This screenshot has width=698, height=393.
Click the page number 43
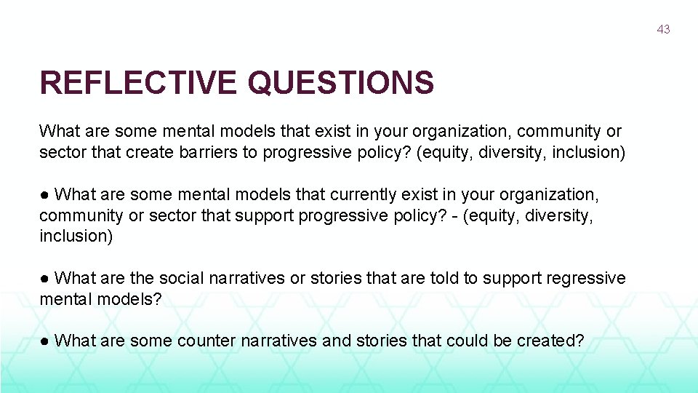point(663,29)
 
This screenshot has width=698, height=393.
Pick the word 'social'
point(178,278)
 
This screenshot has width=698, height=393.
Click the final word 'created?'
point(550,340)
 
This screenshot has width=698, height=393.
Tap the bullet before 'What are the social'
point(44,278)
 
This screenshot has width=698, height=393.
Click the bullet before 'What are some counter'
point(44,340)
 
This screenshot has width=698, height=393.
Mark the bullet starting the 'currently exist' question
point(44,194)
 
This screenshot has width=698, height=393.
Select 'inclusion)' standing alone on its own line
point(76,236)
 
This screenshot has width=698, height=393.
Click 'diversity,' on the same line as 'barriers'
point(517,153)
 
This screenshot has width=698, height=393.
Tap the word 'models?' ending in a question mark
point(132,298)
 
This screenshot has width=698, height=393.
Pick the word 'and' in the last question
point(336,340)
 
